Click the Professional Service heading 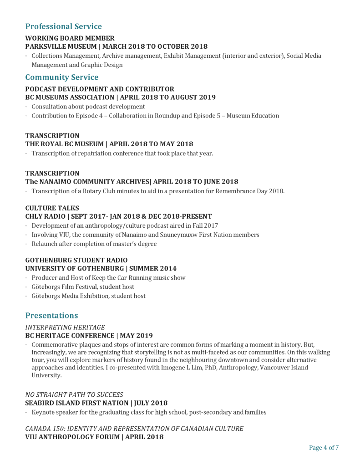63,26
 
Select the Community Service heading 61,77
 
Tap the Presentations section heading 51,316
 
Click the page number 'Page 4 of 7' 324,448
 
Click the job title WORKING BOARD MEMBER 70,38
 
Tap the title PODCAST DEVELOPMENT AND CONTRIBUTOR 100,89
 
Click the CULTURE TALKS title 52,208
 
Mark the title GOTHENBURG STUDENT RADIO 76,261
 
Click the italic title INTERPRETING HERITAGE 65,328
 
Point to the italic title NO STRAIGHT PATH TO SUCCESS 74,395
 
